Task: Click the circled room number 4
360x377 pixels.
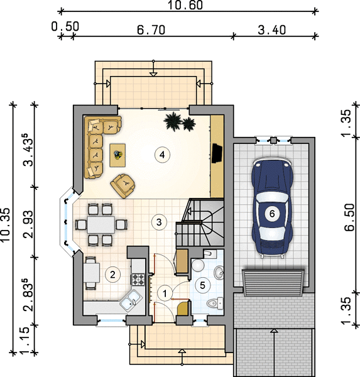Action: pyautogui.click(x=162, y=155)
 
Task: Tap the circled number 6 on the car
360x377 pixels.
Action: pyautogui.click(x=272, y=214)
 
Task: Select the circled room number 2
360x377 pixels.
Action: pyautogui.click(x=112, y=275)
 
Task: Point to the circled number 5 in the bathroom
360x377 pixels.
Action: pyautogui.click(x=202, y=285)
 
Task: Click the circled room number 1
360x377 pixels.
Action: pyautogui.click(x=165, y=293)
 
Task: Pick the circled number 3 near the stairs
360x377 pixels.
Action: pyautogui.click(x=159, y=222)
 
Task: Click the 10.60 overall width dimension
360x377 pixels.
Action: pyautogui.click(x=185, y=5)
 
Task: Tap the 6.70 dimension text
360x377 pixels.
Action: pyautogui.click(x=151, y=30)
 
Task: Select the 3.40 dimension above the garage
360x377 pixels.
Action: pyautogui.click(x=272, y=30)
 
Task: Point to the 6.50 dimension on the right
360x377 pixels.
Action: pyautogui.click(x=350, y=217)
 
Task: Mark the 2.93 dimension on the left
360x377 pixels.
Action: pyautogui.click(x=28, y=224)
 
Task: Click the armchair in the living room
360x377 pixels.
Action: pyautogui.click(x=123, y=186)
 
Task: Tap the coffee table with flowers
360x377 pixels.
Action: pyautogui.click(x=117, y=155)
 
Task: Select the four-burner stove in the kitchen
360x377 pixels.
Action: pyautogui.click(x=138, y=280)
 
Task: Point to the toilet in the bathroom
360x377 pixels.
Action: pyautogui.click(x=215, y=303)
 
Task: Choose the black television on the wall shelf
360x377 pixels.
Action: pyautogui.click(x=217, y=153)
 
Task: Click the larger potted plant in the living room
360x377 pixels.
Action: pyautogui.click(x=173, y=121)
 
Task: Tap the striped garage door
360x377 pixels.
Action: pyautogui.click(x=273, y=283)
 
